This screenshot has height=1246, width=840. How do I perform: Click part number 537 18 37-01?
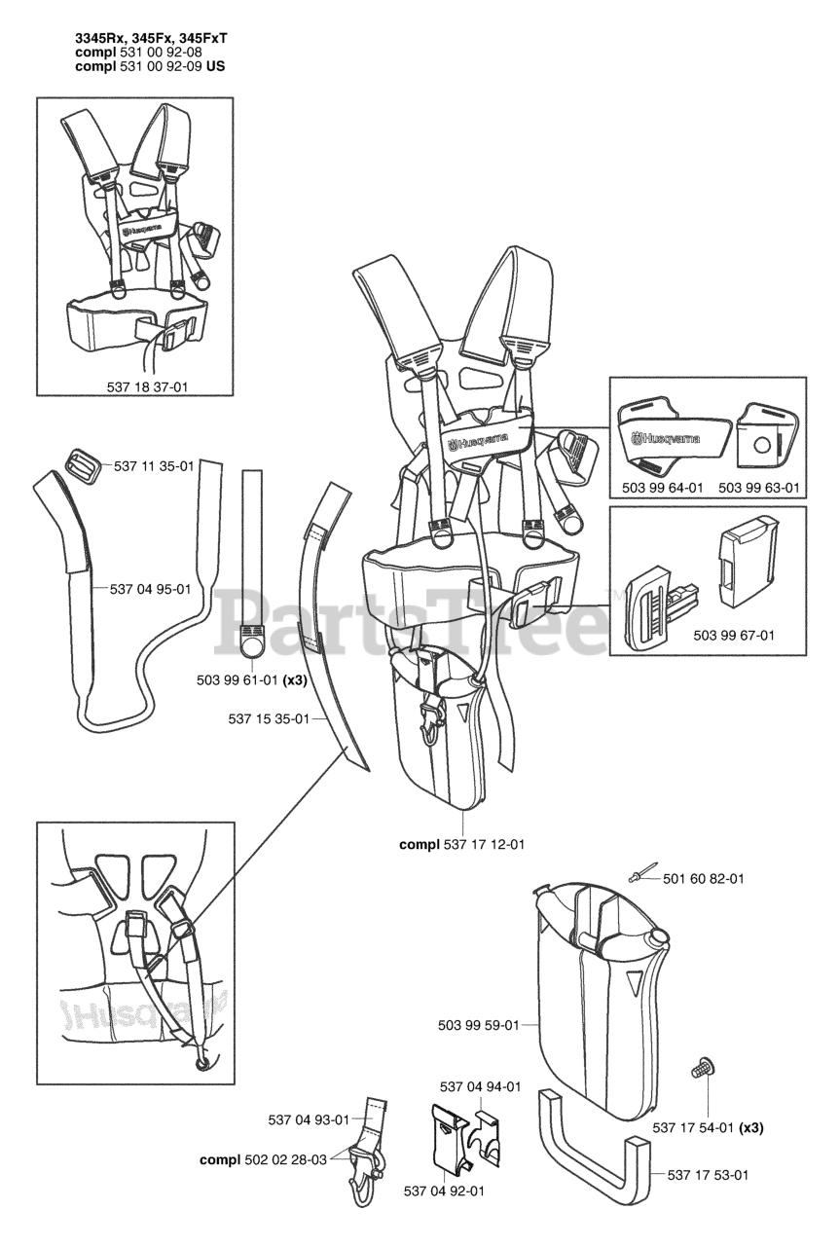point(147,386)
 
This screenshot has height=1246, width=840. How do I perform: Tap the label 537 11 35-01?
point(154,466)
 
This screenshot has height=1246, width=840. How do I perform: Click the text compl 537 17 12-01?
point(461,844)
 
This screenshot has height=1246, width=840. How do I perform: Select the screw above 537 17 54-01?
point(700,1069)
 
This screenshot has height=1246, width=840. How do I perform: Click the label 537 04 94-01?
point(480,1086)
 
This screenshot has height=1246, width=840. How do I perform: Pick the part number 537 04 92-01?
point(444,1190)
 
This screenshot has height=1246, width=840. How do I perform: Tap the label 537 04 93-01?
point(308,1119)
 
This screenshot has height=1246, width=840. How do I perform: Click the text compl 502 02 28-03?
point(266,1159)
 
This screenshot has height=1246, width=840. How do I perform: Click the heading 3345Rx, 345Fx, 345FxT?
point(151,38)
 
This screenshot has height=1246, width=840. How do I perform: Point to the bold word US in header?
point(220,67)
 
